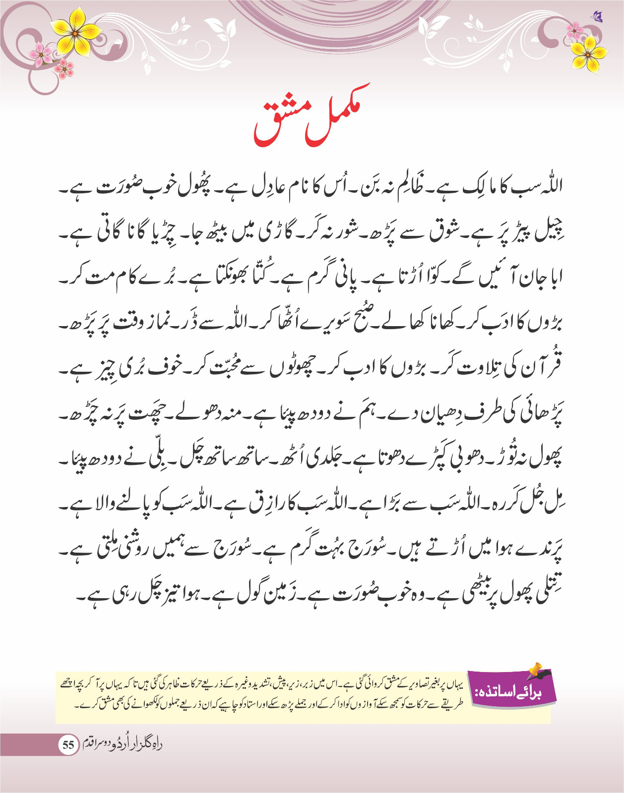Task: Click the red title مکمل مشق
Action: [312, 117]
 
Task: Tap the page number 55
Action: [68, 744]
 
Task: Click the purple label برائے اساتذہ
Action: [511, 690]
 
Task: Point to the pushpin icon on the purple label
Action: [536, 671]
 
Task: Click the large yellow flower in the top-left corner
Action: [75, 33]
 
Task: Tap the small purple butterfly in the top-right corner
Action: [597, 17]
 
